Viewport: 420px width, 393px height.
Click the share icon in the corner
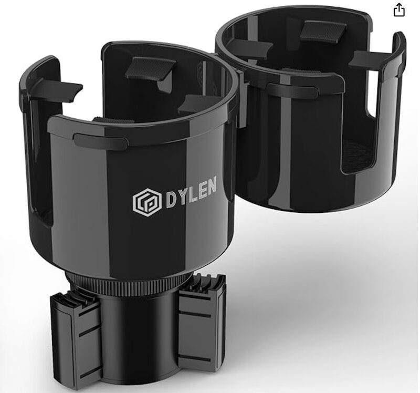pos(399,10)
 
